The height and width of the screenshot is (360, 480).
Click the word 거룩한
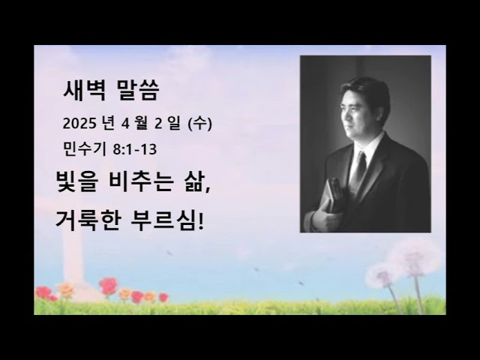[92, 221]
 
